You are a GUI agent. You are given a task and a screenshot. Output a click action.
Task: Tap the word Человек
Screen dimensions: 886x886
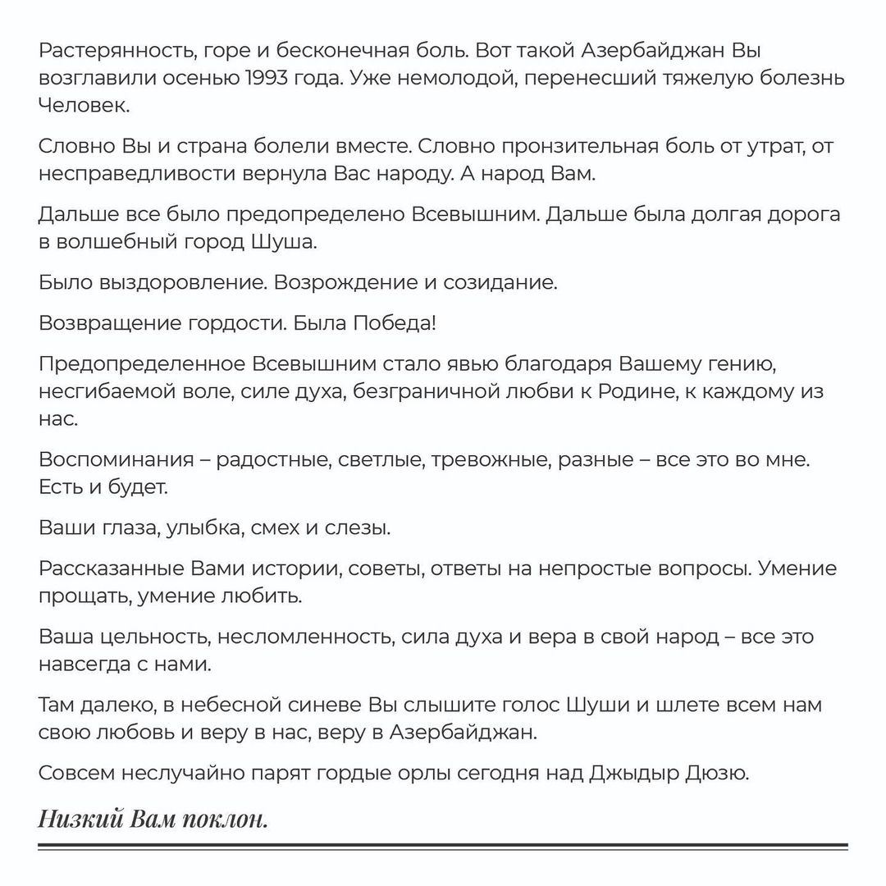[x=84, y=107]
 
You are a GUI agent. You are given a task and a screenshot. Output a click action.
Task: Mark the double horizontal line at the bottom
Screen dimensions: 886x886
[x=443, y=847]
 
